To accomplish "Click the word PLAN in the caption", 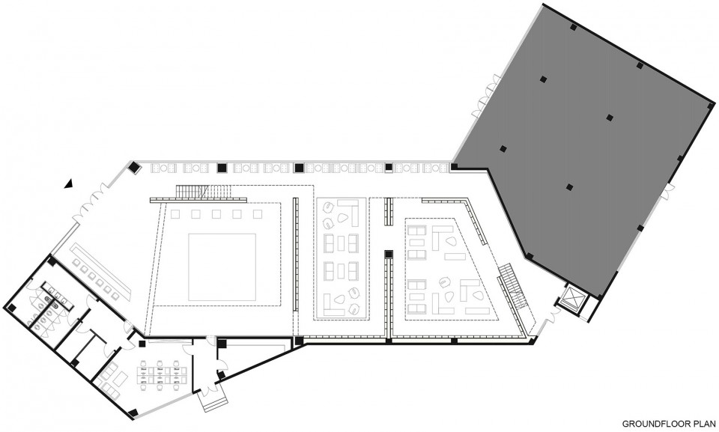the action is (x=706, y=424).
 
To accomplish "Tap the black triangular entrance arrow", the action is (x=69, y=183).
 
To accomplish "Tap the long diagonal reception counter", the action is (x=101, y=271).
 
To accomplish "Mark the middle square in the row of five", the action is (x=216, y=214).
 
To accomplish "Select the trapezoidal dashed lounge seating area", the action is (x=452, y=268).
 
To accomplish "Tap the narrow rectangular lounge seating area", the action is (x=340, y=258).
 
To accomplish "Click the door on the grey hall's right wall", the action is (x=667, y=191).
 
